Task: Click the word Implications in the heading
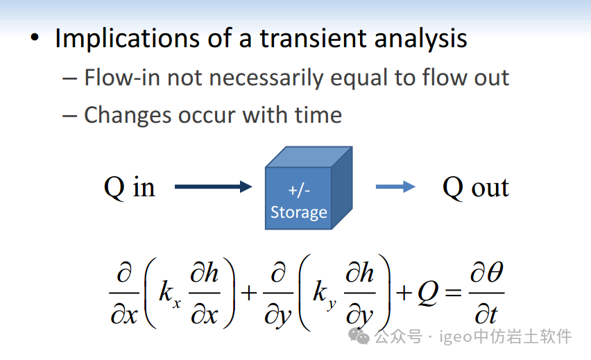[x=127, y=38]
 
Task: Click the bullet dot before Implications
[x=35, y=37]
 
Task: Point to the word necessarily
[x=266, y=78]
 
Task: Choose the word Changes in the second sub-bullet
[x=128, y=115]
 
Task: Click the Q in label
[x=129, y=187]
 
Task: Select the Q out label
[x=476, y=187]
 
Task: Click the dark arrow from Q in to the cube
[x=214, y=186]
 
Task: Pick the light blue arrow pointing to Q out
[x=395, y=186]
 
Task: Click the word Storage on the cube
[x=299, y=212]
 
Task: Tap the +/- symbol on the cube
[x=299, y=191]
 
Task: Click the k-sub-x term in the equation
[x=170, y=293]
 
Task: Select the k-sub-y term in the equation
[x=324, y=295]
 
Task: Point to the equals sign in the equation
[x=453, y=292]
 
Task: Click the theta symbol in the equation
[x=494, y=272]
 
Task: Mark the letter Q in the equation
[x=428, y=293]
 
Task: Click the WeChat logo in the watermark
[x=359, y=336]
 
